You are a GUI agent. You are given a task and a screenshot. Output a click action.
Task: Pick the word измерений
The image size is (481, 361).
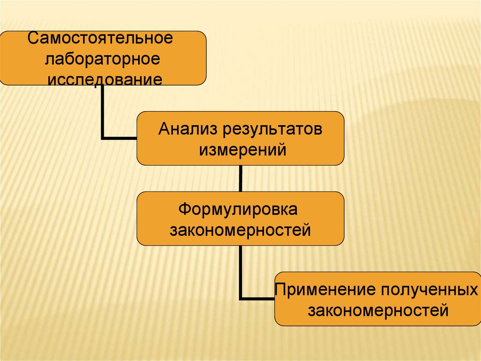[x=240, y=150]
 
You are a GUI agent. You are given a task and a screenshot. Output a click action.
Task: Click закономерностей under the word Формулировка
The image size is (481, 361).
[x=240, y=230]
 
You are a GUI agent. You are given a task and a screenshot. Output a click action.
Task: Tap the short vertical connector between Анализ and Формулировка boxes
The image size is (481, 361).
[x=240, y=178]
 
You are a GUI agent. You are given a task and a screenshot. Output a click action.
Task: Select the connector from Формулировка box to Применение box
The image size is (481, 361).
[x=240, y=273]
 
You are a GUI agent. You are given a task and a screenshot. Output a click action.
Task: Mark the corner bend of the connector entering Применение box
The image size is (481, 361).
[x=241, y=298]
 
